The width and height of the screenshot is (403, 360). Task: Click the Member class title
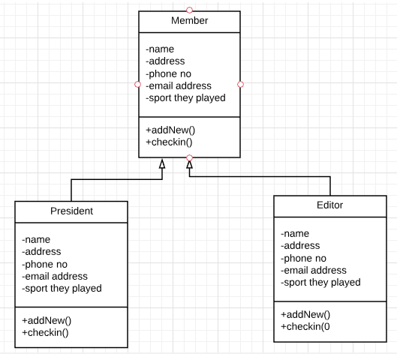click(189, 20)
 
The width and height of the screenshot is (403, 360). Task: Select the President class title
click(71, 211)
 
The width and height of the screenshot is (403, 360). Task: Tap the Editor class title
click(329, 205)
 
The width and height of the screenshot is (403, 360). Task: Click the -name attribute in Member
click(160, 49)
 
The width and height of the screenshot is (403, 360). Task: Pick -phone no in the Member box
click(168, 74)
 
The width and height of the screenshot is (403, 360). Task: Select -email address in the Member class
click(179, 85)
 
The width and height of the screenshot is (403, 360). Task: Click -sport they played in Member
click(185, 97)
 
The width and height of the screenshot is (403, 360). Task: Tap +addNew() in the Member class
click(170, 130)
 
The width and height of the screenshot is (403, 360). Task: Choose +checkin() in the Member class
click(169, 142)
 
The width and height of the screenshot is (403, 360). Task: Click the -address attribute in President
click(41, 251)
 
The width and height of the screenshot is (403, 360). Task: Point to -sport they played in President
click(62, 288)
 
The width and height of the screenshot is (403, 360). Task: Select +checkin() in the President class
click(45, 332)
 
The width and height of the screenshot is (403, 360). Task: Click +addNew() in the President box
click(47, 320)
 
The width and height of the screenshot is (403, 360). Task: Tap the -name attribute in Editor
click(295, 233)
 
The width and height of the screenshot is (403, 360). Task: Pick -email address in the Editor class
click(314, 270)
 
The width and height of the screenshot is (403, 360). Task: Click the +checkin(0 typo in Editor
click(305, 326)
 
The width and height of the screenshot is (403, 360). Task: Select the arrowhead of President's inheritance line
click(162, 163)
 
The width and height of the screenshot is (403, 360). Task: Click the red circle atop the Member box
click(189, 10)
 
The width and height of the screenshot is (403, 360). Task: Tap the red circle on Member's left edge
click(138, 84)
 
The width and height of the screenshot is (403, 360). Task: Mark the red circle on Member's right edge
click(241, 84)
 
